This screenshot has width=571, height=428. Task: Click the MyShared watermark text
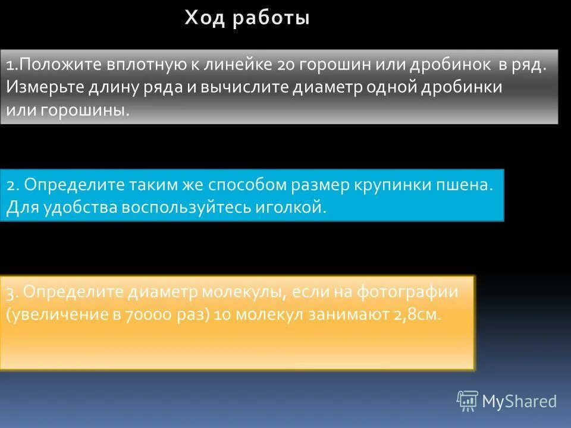click(x=519, y=401)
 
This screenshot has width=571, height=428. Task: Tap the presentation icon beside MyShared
click(x=467, y=401)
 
